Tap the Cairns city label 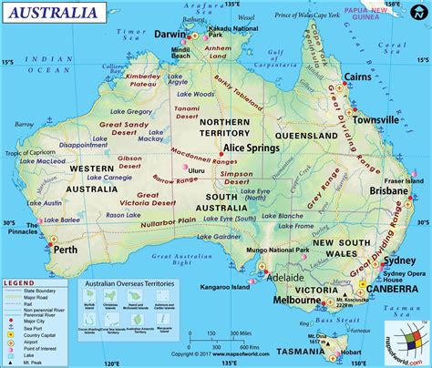356,79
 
